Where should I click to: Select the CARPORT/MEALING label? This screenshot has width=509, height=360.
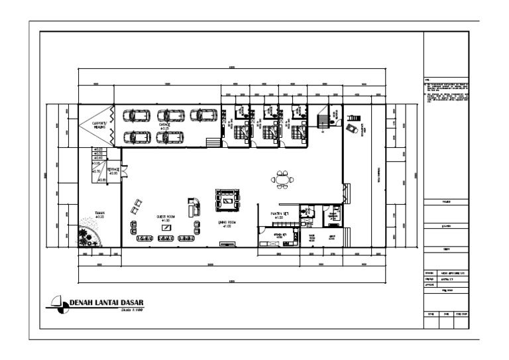[x=99, y=125]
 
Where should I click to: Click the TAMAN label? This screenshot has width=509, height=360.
[x=99, y=214]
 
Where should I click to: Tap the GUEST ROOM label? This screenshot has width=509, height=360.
[x=165, y=217]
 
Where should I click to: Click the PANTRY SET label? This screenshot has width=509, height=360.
[x=277, y=214]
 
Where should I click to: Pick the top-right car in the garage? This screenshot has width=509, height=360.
[x=204, y=115]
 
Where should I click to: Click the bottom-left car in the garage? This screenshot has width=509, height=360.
[x=139, y=137]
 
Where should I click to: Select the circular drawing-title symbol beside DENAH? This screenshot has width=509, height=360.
[x=60, y=304]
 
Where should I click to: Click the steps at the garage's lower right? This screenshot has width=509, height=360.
[x=213, y=143]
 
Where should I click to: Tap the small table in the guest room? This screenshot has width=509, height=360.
[x=165, y=227]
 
